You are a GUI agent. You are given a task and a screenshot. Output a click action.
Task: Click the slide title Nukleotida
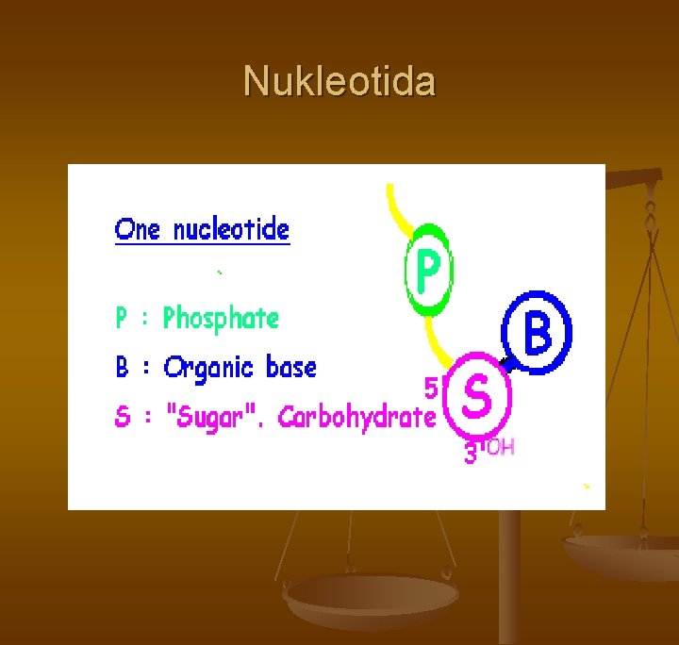coord(339,82)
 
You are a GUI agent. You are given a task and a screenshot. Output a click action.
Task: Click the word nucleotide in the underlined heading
coord(231,229)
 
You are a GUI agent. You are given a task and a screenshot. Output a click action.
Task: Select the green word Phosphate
coord(221,319)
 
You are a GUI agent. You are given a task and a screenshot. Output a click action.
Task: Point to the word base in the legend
coord(290,367)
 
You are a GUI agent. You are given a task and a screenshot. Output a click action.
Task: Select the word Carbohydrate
coord(356,417)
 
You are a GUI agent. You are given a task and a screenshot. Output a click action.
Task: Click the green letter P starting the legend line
coord(122,319)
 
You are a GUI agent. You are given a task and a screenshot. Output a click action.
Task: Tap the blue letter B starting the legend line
coord(122,367)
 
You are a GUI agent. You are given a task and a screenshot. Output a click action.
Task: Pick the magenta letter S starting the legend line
coord(122,417)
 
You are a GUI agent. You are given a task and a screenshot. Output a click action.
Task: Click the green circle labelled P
coord(429,271)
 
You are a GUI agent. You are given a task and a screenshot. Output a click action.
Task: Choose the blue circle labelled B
coord(537,332)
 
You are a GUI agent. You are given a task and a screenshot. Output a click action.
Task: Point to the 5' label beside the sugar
coord(433,387)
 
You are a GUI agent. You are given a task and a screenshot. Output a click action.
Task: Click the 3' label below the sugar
coord(472,454)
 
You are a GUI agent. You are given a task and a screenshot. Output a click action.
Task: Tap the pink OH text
coord(501,447)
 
